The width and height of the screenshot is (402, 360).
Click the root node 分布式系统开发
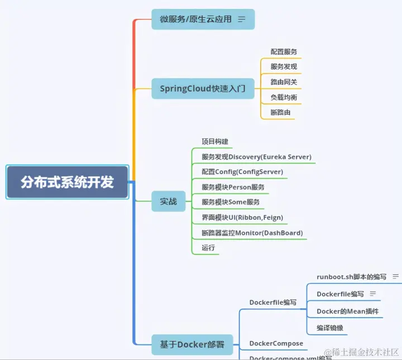(x=67, y=182)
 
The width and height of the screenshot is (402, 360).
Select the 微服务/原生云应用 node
(x=195, y=19)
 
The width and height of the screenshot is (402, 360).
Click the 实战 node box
(x=169, y=201)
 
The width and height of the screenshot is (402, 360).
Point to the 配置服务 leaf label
(x=284, y=51)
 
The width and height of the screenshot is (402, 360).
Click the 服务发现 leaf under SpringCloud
(x=284, y=67)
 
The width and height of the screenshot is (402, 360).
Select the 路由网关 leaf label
(x=284, y=82)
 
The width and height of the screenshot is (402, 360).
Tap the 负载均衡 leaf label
(x=284, y=97)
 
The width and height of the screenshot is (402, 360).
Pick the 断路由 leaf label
(x=280, y=112)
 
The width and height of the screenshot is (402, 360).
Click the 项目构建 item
(x=215, y=141)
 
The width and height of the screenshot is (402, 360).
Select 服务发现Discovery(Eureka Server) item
(x=256, y=157)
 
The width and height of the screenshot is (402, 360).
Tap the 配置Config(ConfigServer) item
(x=242, y=172)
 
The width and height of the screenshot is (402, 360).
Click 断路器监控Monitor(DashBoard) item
(x=252, y=233)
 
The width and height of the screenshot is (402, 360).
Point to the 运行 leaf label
(x=208, y=248)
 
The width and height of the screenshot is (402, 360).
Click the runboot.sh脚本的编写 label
(x=351, y=277)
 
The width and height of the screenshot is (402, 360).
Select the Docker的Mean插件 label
(x=347, y=311)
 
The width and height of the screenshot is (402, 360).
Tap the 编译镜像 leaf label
(x=331, y=328)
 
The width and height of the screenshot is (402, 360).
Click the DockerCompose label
(x=276, y=343)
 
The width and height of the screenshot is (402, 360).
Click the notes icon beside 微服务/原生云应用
(x=242, y=19)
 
